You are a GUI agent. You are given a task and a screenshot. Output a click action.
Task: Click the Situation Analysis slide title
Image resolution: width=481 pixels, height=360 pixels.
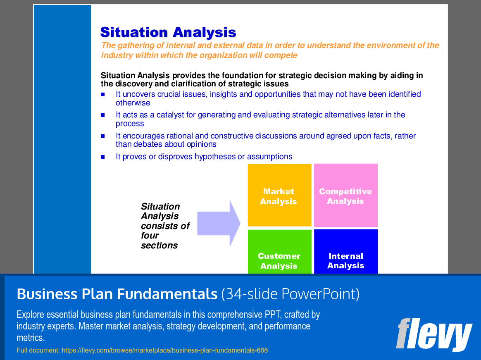coord(168,32)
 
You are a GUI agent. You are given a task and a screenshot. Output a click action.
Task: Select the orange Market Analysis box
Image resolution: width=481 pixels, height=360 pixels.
coord(279,195)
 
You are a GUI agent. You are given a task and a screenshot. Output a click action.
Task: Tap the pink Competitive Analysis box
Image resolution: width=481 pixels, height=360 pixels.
coord(346,195)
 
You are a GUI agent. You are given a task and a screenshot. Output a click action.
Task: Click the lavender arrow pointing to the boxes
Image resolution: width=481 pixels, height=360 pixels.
coord(219,224)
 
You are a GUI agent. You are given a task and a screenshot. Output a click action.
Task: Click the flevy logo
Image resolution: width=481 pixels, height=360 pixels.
coord(434,334)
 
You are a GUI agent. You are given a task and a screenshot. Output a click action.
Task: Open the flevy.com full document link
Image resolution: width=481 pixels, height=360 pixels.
coord(165,350)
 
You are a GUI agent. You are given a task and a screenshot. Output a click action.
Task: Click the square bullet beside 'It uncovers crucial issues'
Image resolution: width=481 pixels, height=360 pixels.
coord(103,95)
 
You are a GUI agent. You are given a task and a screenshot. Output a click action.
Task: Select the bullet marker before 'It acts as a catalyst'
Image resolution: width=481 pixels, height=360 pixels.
coord(103,115)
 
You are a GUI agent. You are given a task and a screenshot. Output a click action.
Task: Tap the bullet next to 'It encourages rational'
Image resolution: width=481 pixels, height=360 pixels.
coord(103,136)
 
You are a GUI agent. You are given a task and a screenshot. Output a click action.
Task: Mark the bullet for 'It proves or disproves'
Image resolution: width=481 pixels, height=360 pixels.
coord(103,157)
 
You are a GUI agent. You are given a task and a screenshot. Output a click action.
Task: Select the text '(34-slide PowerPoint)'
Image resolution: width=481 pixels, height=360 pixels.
coord(290,294)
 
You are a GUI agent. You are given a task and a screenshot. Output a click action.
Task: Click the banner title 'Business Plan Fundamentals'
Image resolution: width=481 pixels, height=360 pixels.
coord(117,294)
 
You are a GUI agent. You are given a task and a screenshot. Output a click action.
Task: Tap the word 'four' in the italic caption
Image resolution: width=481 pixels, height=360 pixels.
coord(150,236)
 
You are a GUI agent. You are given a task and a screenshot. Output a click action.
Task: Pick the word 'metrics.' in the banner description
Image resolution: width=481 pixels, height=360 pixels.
coord(31,338)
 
